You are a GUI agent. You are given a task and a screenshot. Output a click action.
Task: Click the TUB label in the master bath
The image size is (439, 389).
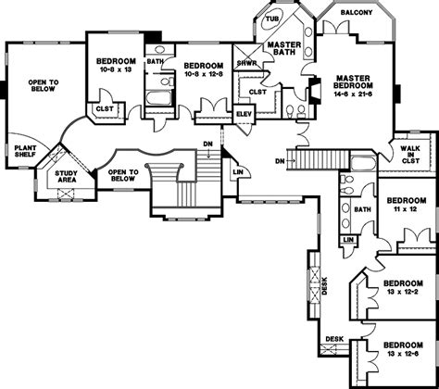272,19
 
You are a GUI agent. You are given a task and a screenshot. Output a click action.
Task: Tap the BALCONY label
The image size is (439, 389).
357,13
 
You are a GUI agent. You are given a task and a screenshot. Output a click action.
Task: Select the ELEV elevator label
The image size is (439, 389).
244,114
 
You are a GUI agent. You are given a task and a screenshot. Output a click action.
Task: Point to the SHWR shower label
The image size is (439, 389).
246,64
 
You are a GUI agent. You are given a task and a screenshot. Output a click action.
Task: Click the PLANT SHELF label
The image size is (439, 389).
25,151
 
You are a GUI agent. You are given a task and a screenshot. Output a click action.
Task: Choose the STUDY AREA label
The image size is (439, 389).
66,177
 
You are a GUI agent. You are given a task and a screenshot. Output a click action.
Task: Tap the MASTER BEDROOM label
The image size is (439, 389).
353,82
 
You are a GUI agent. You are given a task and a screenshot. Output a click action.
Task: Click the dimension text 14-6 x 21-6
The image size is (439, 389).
353,94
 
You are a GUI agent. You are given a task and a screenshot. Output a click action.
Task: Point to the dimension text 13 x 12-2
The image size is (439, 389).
403,292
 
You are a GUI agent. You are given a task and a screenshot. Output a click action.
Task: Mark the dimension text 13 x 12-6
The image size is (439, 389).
403,354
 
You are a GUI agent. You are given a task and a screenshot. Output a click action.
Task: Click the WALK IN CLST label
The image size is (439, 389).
410,155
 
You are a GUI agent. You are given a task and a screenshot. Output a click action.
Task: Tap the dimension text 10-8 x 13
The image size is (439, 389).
116,69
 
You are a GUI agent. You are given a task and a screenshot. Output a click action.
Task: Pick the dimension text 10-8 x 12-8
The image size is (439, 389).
204,74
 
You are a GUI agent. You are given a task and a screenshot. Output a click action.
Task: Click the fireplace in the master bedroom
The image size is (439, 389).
314,90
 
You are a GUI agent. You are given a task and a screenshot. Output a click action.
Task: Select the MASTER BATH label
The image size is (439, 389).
284,48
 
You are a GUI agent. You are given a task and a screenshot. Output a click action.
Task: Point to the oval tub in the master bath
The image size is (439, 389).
270,20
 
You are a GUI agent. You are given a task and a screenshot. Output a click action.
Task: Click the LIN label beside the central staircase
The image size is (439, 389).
238,172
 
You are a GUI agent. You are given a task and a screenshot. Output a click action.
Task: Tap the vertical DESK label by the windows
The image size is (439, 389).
324,285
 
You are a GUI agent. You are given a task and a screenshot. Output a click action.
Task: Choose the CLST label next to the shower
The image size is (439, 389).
257,92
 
